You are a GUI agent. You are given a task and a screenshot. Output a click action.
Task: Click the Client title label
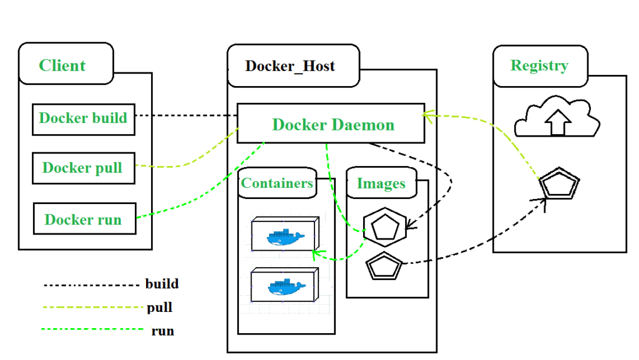click(62, 66)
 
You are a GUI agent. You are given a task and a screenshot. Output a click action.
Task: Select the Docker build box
click(83, 119)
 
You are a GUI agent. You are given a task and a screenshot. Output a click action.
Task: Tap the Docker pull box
click(83, 168)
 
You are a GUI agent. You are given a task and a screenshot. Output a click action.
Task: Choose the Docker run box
click(84, 219)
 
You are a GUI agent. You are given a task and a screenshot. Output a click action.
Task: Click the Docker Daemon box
click(331, 124)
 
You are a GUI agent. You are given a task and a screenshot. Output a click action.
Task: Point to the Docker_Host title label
click(290, 66)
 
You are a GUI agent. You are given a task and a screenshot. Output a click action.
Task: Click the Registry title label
click(539, 66)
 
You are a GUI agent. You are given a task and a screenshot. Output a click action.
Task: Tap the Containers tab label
click(277, 183)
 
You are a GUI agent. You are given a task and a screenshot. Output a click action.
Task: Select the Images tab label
click(381, 183)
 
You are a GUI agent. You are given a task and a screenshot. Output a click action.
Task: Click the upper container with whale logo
click(285, 235)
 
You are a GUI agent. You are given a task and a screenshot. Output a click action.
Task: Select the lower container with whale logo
click(285, 286)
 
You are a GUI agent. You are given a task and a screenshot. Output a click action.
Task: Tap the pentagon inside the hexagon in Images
click(384, 228)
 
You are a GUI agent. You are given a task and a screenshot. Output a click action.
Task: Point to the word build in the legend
click(162, 284)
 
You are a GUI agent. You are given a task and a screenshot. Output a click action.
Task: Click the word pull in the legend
click(160, 308)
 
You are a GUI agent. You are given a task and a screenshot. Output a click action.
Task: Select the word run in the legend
click(162, 331)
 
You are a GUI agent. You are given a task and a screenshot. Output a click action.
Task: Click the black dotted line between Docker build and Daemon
click(186, 116)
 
